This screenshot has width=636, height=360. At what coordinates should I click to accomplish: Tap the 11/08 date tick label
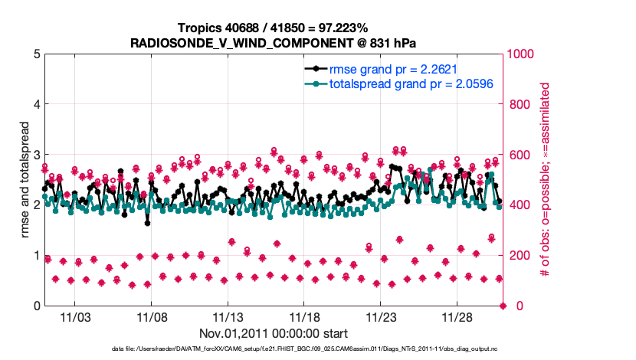pos(152,317)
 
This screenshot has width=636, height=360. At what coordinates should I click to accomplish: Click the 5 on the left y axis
pos(36,54)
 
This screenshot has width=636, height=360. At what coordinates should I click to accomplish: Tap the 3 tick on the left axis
pos(36,155)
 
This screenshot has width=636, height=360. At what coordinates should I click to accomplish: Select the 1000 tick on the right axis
pos(522,54)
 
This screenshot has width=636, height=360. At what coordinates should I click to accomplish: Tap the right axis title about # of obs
pos(546,180)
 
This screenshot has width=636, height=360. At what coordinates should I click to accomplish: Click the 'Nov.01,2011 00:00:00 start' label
pos(274,333)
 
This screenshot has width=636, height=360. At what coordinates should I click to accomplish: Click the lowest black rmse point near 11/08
pos(147,223)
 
